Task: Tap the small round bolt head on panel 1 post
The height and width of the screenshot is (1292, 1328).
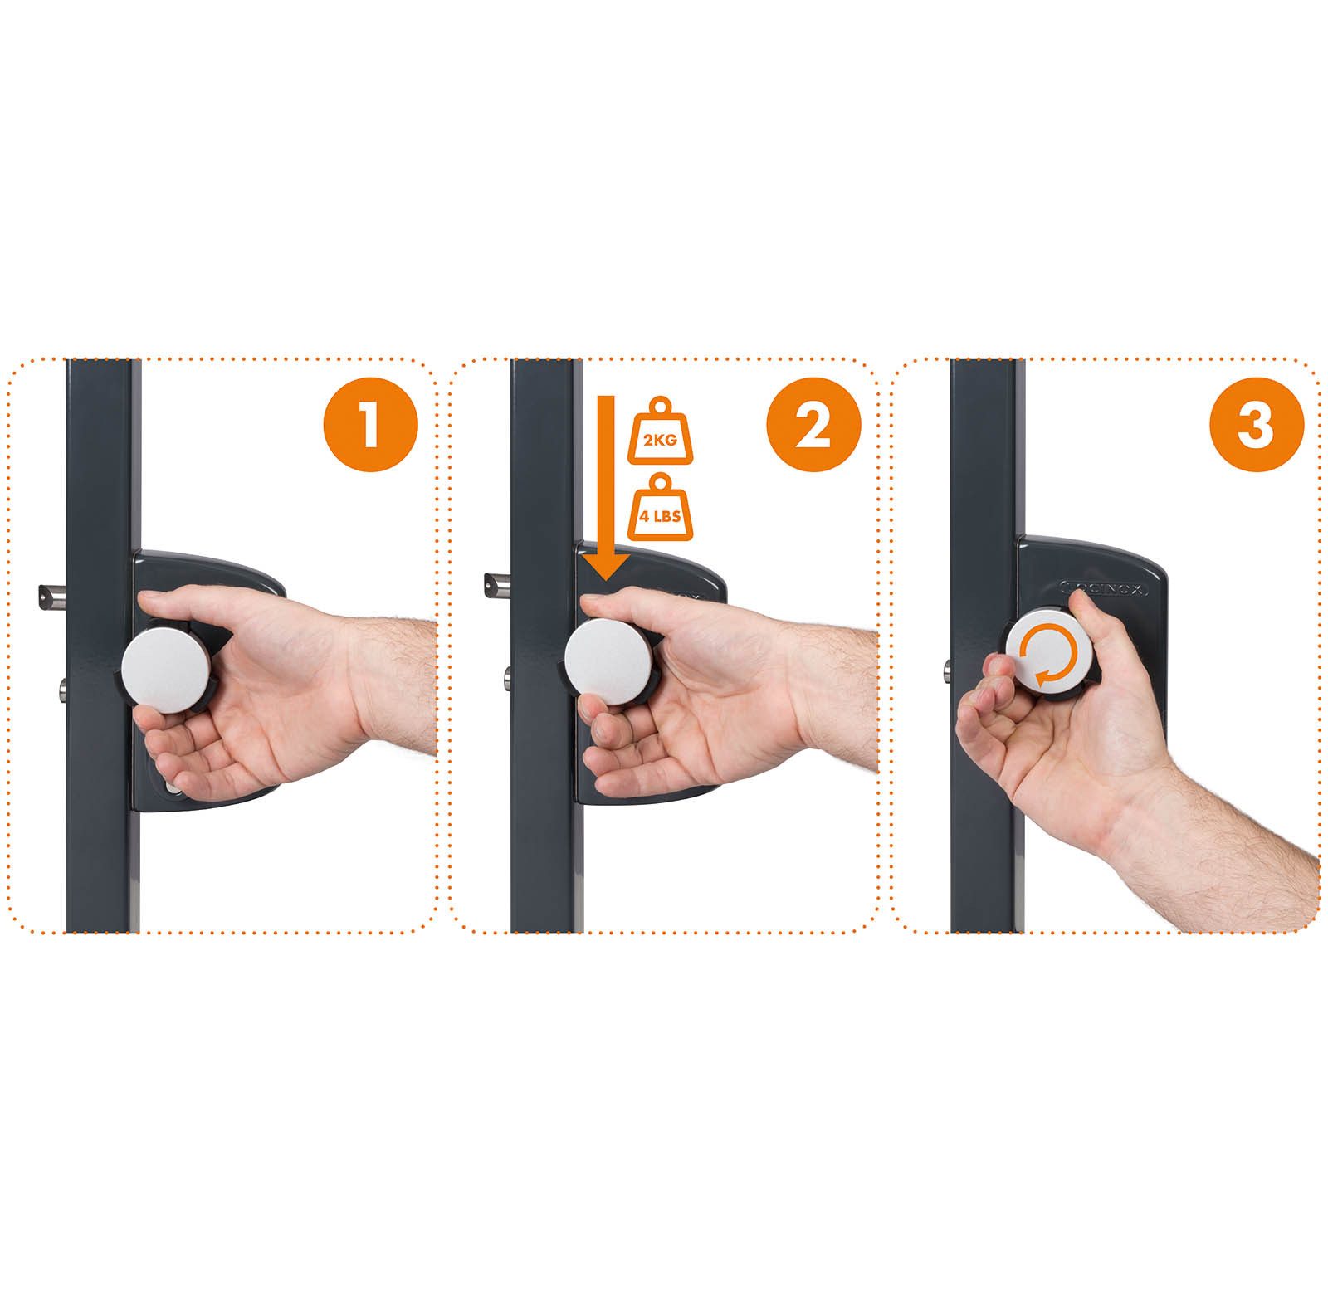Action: click(x=62, y=687)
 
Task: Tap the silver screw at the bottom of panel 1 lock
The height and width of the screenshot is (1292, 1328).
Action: click(x=171, y=788)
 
